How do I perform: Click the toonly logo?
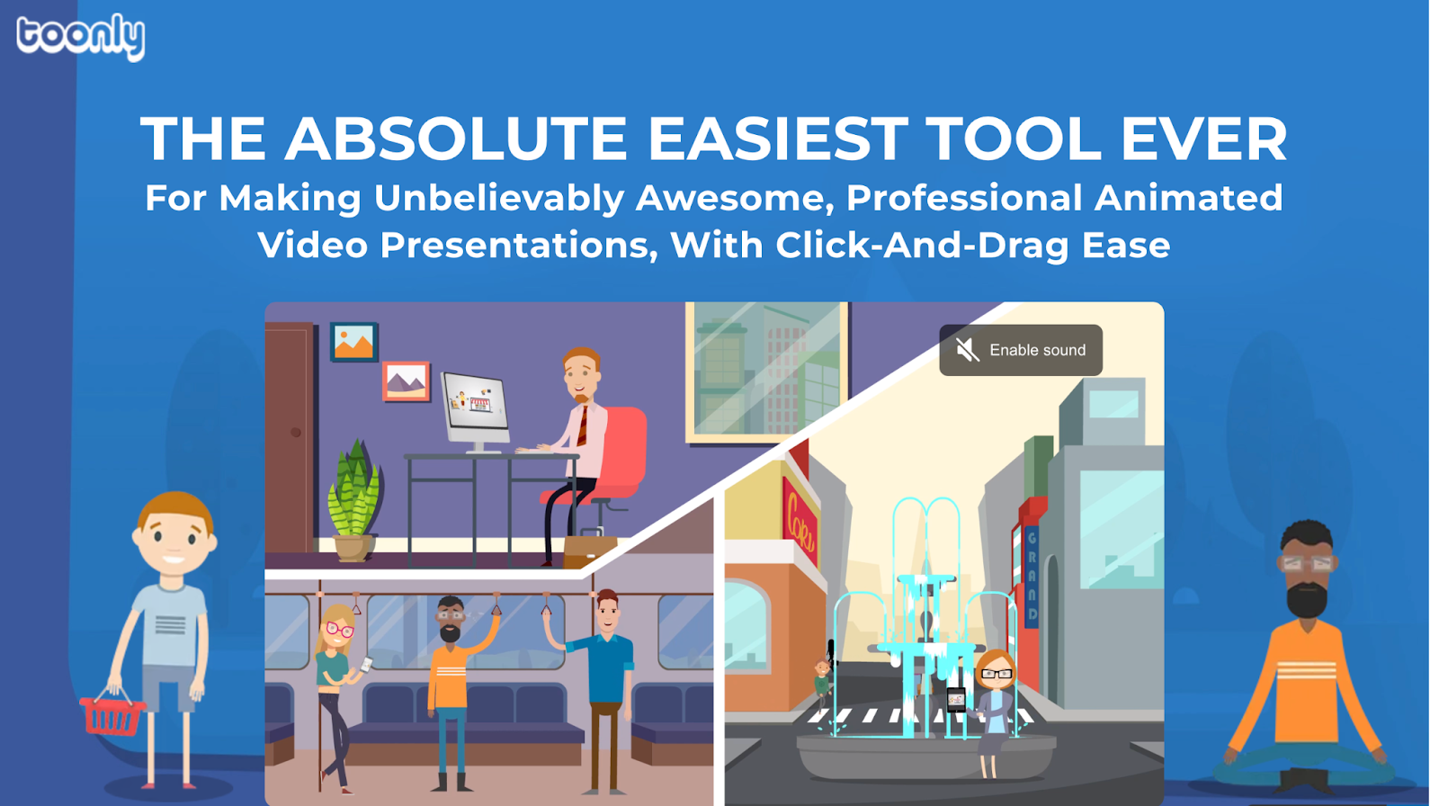(x=80, y=37)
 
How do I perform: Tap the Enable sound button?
(x=1021, y=350)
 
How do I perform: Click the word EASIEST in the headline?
(x=777, y=139)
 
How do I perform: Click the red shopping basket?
(x=112, y=713)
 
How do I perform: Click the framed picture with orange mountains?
(x=354, y=341)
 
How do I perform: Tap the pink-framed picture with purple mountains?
(x=407, y=381)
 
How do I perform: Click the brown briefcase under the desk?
(x=590, y=550)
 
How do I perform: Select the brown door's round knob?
(x=296, y=433)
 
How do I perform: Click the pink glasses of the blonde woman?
(x=340, y=630)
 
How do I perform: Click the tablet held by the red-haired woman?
(x=956, y=699)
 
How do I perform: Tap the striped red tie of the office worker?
(x=582, y=425)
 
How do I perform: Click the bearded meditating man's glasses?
(x=1308, y=564)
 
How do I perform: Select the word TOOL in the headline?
(x=1014, y=139)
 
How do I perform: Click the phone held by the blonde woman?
(x=366, y=664)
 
